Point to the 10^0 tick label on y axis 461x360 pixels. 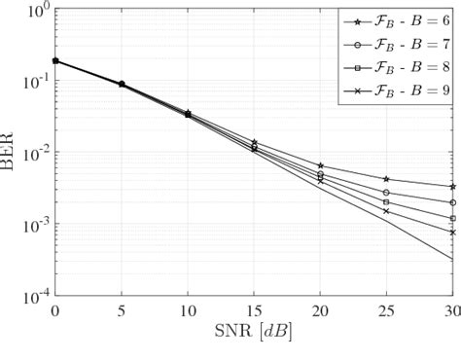pos(35,12)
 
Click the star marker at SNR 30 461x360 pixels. pos(452,187)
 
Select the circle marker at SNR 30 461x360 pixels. pos(452,202)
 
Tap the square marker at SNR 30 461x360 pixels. pos(452,218)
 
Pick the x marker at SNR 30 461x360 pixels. pos(452,233)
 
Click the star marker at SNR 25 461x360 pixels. pos(386,179)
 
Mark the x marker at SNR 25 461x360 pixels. pos(386,211)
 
